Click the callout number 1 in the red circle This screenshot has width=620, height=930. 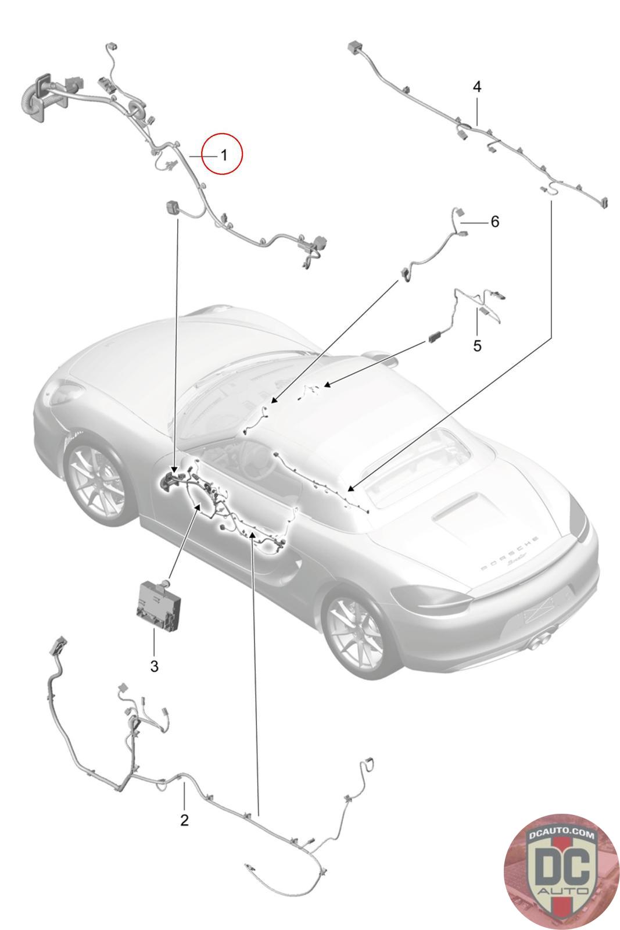pyautogui.click(x=224, y=156)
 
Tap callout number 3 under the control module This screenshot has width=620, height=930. pyautogui.click(x=154, y=666)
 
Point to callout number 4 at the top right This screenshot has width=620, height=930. pyautogui.click(x=477, y=87)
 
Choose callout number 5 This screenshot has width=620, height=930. pyautogui.click(x=477, y=345)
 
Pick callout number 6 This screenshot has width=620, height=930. pyautogui.click(x=494, y=221)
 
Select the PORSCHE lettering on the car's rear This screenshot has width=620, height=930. pyautogui.click(x=509, y=553)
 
